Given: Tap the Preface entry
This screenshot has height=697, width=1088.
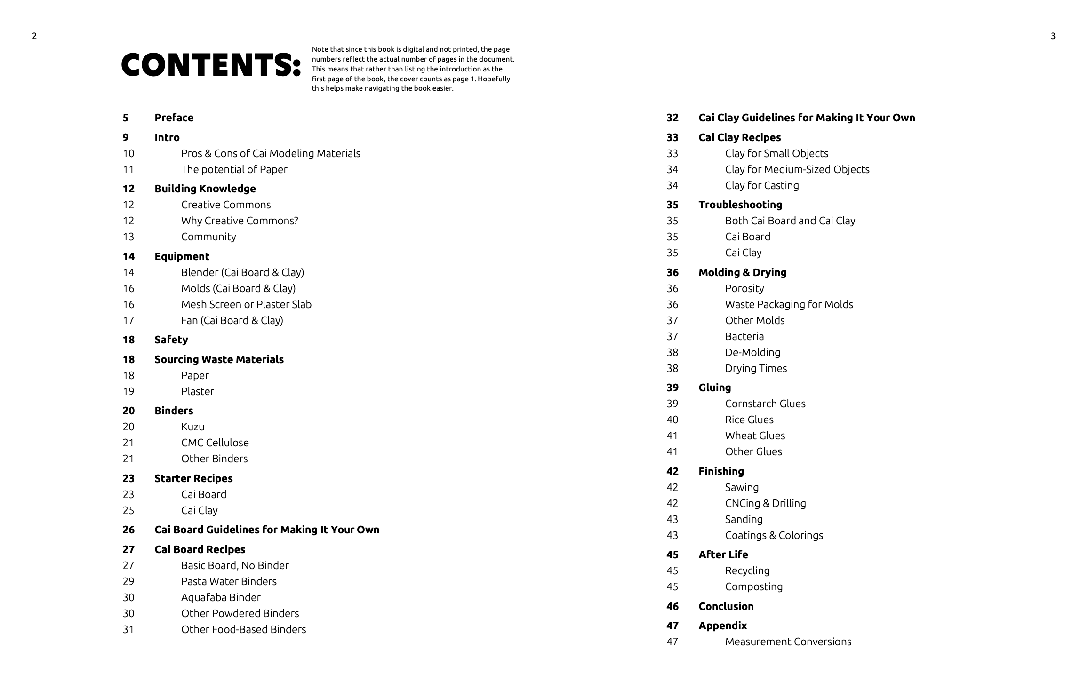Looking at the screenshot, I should point(174,118).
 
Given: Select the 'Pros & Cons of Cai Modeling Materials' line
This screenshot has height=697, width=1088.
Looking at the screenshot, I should point(271,153).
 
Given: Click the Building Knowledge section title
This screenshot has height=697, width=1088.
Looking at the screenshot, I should point(205,189).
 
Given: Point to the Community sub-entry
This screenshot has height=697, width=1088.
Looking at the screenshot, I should point(208,237).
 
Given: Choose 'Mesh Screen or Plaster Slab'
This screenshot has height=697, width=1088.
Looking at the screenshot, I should point(246,304).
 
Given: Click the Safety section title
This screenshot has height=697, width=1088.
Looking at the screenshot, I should point(171,340).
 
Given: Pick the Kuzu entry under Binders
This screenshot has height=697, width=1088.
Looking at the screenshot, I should point(192,427).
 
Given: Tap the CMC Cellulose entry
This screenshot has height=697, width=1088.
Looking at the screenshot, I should point(215,443).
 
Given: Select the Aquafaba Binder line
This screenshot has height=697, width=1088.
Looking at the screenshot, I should point(221,597).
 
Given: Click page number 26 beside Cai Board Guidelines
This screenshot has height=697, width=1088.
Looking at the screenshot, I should point(128,530).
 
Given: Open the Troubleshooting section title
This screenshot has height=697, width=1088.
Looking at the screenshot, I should point(740,205).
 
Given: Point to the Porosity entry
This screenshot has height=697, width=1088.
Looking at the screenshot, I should point(744,288).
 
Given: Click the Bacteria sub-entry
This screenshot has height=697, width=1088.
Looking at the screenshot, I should point(744,336).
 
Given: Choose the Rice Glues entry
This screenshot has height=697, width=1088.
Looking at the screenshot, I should point(749,420).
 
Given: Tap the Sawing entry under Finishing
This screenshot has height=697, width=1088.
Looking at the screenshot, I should point(742,487).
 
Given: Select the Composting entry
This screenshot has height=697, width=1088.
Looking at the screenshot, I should point(754,586).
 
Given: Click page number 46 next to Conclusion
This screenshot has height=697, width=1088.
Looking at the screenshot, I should point(672,606).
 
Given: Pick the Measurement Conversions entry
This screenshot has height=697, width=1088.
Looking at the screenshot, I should point(788,642).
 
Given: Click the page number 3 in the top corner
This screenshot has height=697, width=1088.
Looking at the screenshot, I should point(1053,36).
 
